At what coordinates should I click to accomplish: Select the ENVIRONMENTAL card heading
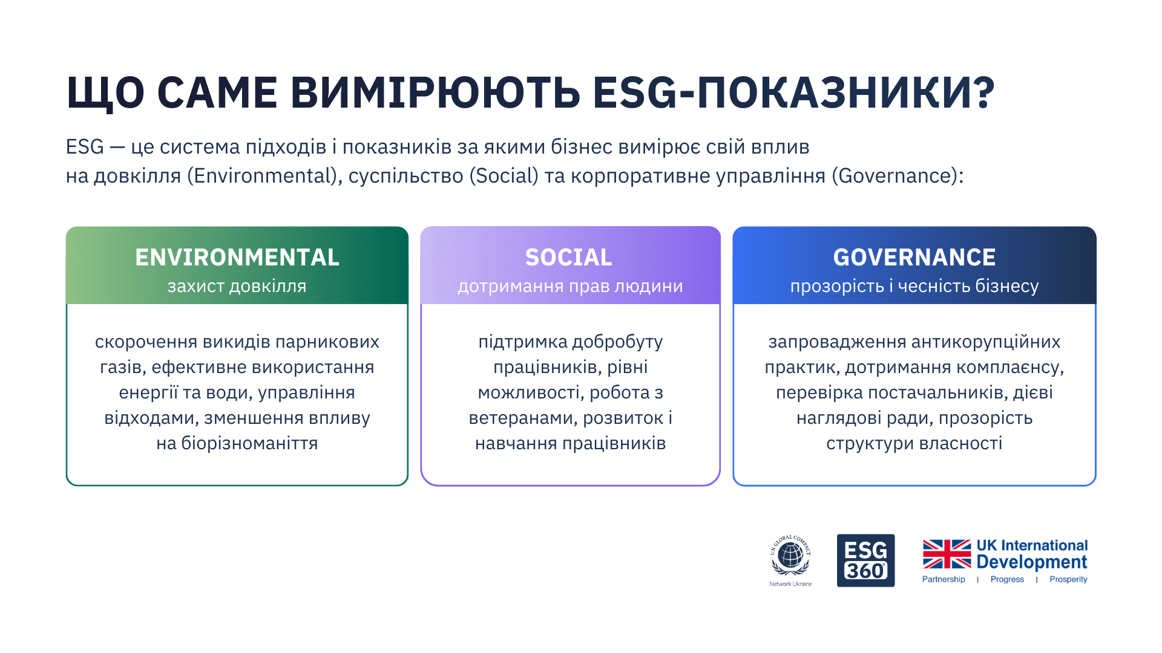point(237,258)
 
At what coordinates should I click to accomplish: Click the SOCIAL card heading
point(569,258)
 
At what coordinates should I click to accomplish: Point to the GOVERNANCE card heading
point(914,258)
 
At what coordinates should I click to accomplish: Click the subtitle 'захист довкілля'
point(237,286)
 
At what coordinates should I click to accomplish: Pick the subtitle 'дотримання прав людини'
point(570,286)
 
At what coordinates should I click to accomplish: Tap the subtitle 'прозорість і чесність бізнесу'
point(914,286)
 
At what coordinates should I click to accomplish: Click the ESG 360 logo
point(865,560)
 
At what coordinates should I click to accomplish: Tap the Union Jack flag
point(947,554)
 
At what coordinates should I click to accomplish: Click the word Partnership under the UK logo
point(944,579)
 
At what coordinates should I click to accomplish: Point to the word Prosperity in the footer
point(1068,579)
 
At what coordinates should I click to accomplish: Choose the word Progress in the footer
point(1007,579)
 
